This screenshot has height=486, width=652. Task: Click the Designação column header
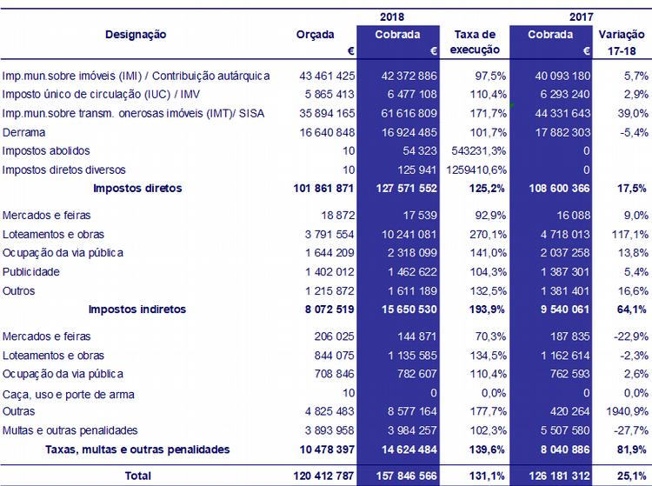(x=136, y=35)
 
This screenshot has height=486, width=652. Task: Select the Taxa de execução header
(x=475, y=43)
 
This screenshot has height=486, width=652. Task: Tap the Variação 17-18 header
(x=622, y=43)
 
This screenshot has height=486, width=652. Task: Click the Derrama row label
(x=24, y=132)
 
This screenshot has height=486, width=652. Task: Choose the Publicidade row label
(x=31, y=271)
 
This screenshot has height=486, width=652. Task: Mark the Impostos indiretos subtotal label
(x=138, y=309)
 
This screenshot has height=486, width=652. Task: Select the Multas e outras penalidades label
(x=70, y=430)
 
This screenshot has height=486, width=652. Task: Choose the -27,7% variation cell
(x=629, y=430)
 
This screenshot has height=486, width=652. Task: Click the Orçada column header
(x=315, y=35)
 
